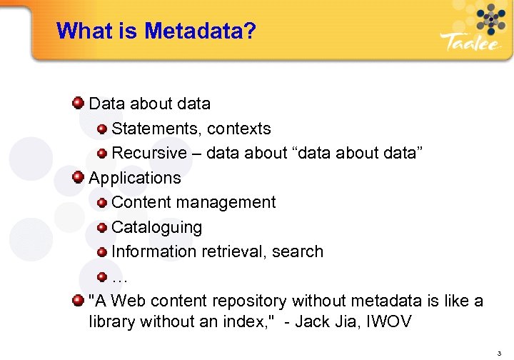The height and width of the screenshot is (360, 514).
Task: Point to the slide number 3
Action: [x=500, y=353]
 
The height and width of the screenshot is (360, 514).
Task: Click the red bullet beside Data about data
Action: [x=79, y=104]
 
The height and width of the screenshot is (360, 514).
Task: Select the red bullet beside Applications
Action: [x=79, y=177]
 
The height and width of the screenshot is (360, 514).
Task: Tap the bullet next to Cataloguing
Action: [x=102, y=227]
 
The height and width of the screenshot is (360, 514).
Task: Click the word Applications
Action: [x=135, y=177]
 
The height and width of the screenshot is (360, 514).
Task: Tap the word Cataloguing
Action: [x=157, y=227]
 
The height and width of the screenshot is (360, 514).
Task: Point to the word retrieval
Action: [x=235, y=251]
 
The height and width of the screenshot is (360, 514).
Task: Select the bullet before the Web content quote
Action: [x=79, y=301]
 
